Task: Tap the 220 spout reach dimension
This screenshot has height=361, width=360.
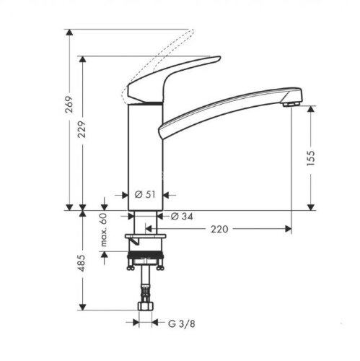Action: tap(220, 230)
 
